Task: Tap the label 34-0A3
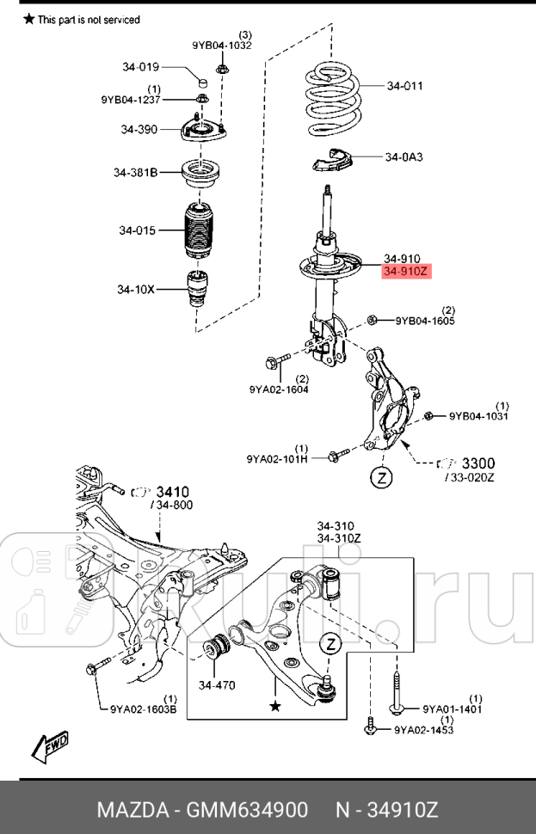pos(405,157)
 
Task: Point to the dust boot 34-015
pos(198,230)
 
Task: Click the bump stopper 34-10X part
pos(198,292)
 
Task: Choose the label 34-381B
pos(136,172)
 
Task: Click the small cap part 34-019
pos(204,82)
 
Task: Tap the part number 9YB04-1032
pos(221,46)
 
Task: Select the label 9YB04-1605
pos(425,322)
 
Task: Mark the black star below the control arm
pos(275,705)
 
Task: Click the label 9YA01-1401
pos(452,709)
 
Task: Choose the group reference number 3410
pos(173,493)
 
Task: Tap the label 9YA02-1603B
pos(144,709)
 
